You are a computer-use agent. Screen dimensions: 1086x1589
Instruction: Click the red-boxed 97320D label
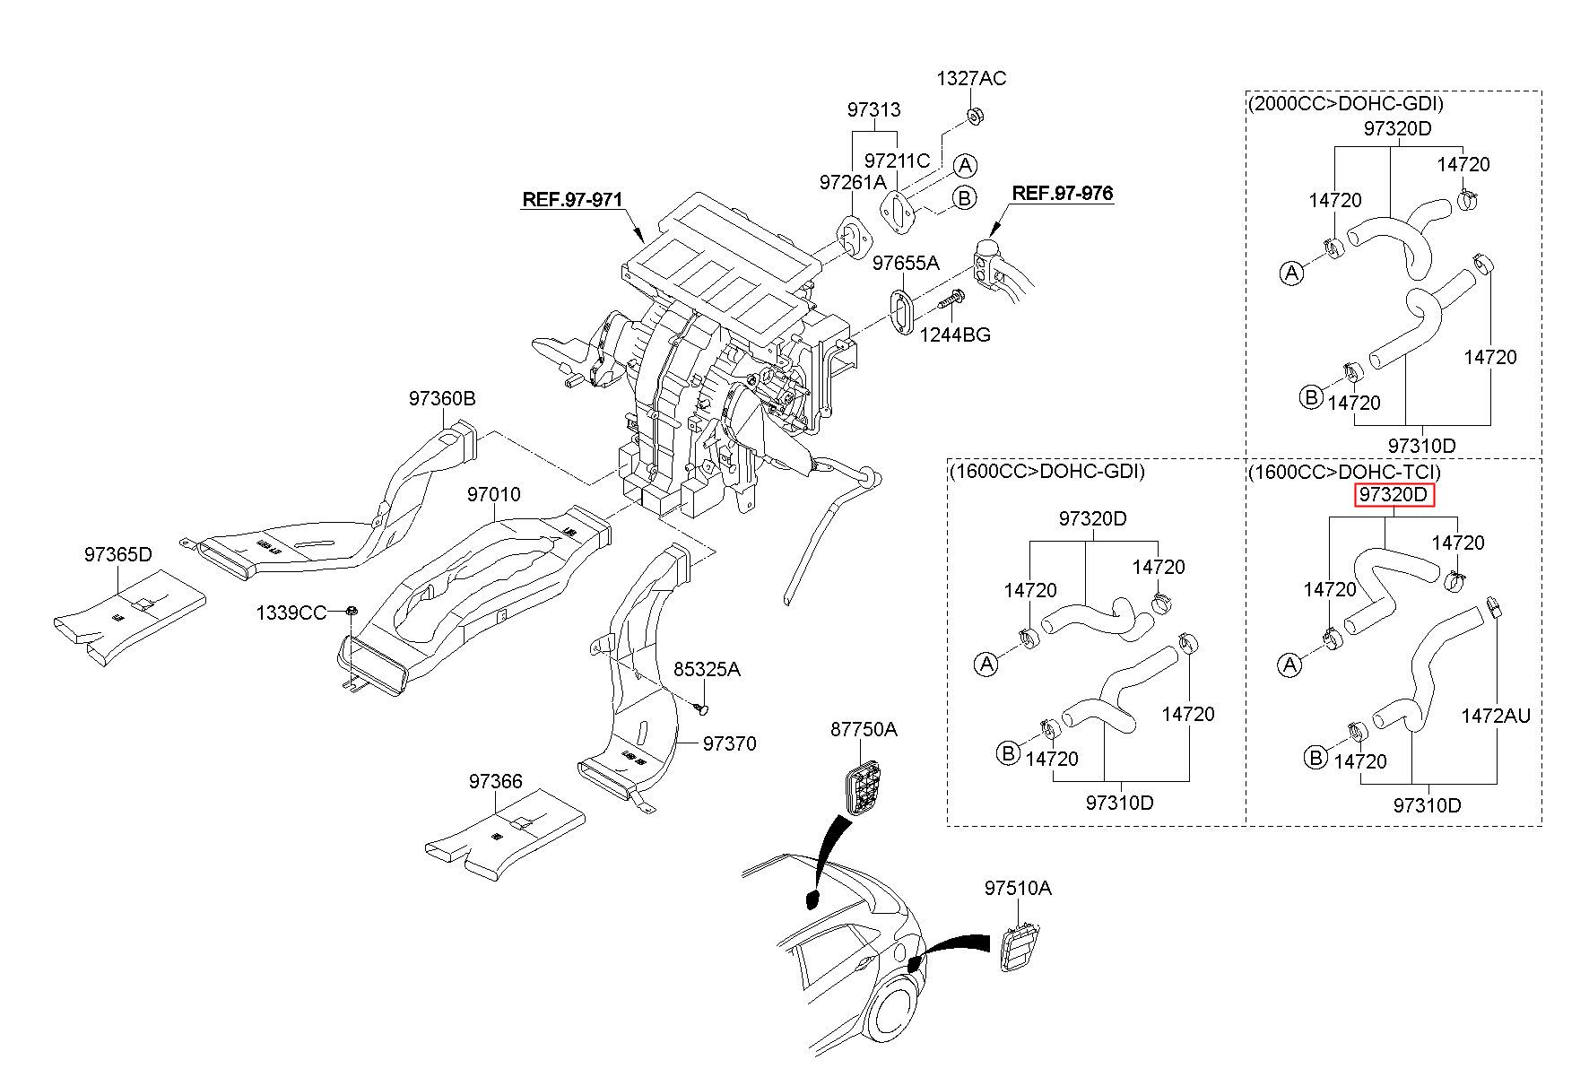pyautogui.click(x=1394, y=495)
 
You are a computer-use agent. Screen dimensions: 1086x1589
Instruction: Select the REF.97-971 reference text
pyautogui.click(x=572, y=199)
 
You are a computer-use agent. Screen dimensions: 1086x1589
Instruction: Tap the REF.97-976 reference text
pyautogui.click(x=1062, y=193)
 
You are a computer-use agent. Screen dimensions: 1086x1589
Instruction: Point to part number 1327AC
pyautogui.click(x=971, y=79)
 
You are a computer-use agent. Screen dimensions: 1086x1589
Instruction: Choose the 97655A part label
pyautogui.click(x=906, y=263)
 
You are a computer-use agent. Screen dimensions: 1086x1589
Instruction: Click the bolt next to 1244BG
pyautogui.click(x=950, y=300)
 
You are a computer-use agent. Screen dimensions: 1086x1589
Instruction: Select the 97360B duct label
pyautogui.click(x=442, y=399)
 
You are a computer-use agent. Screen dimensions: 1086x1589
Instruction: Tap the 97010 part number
pyautogui.click(x=493, y=495)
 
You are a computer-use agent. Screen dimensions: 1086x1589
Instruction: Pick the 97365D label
pyautogui.click(x=118, y=554)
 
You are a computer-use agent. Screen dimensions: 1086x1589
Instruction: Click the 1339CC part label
pyautogui.click(x=291, y=613)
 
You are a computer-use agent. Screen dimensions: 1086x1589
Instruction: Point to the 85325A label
pyautogui.click(x=707, y=670)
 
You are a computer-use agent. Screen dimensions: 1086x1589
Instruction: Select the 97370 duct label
pyautogui.click(x=729, y=743)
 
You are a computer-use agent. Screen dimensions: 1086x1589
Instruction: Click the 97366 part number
pyautogui.click(x=495, y=782)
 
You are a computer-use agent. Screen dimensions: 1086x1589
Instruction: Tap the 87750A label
pyautogui.click(x=863, y=729)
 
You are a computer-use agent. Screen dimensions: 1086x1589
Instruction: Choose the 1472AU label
pyautogui.click(x=1495, y=716)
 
